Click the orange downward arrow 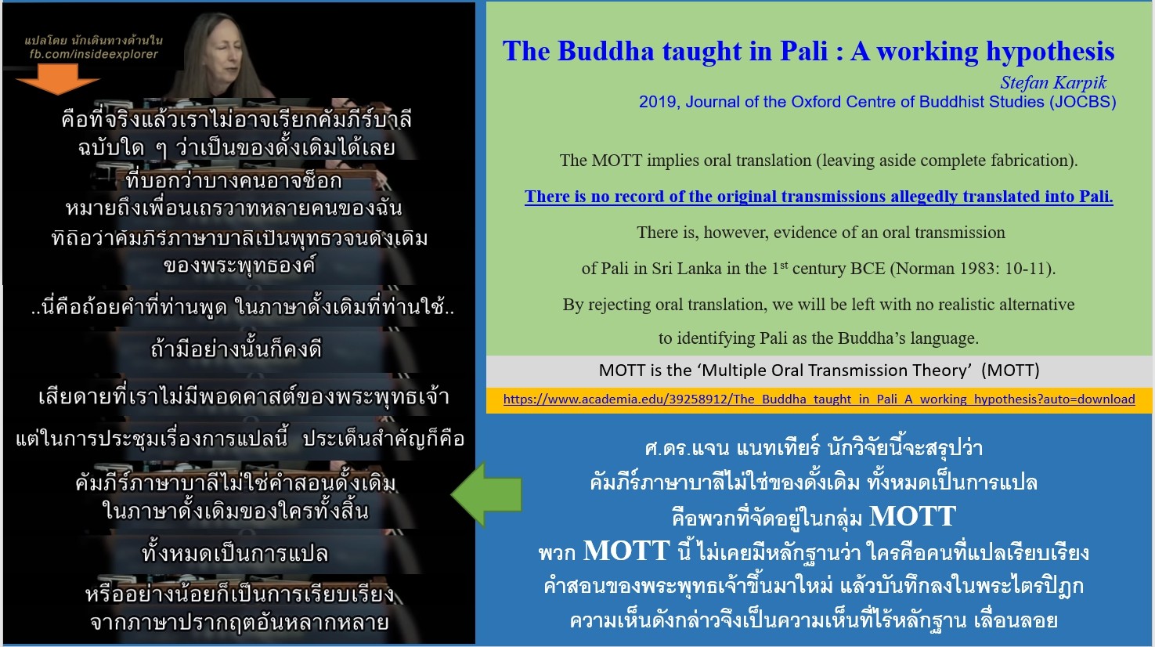57,78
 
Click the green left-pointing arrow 487,494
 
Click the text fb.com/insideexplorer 93,54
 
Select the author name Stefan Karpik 1053,82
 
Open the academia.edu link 819,399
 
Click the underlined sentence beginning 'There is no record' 819,197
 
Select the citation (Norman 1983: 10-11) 973,269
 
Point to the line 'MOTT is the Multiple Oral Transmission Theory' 819,370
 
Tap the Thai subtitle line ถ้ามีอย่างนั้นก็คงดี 236,350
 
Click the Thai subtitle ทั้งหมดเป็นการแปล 235,553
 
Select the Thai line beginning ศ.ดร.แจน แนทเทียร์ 814,447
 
